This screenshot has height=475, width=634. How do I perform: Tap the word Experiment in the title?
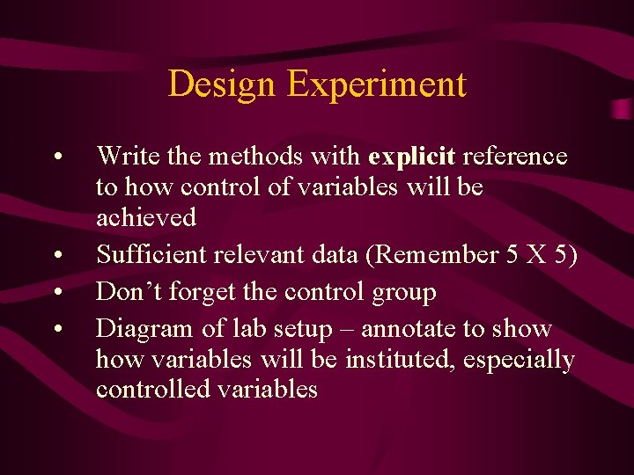pyautogui.click(x=376, y=85)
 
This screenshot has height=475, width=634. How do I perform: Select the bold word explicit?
pyautogui.click(x=412, y=157)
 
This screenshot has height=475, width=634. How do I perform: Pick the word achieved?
pyautogui.click(x=146, y=216)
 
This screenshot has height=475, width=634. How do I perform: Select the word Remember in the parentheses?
pyautogui.click(x=432, y=255)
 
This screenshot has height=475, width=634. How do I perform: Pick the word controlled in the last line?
pyautogui.click(x=150, y=389)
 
